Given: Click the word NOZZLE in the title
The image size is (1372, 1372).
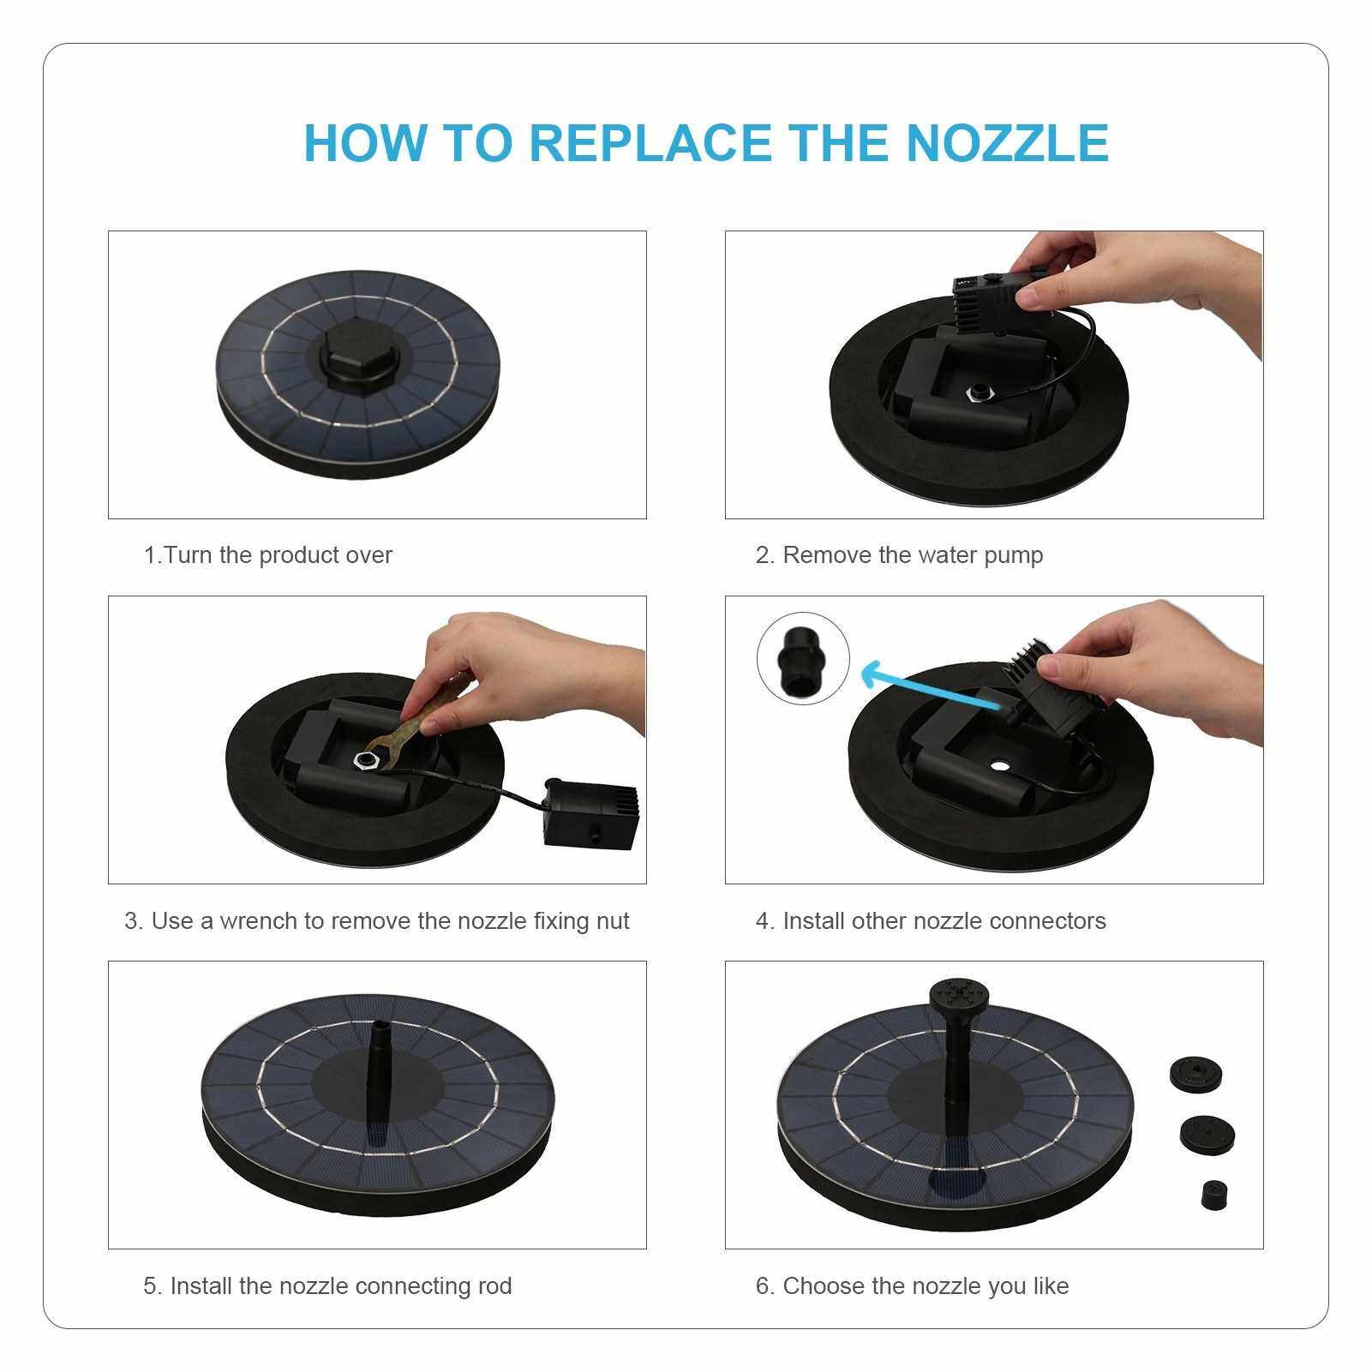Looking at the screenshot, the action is [x=1008, y=142].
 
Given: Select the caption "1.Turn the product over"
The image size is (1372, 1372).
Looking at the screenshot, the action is [x=267, y=555].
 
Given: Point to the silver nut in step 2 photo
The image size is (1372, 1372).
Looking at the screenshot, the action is [x=977, y=393].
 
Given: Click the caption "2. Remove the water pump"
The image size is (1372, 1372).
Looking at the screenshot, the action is [x=899, y=555].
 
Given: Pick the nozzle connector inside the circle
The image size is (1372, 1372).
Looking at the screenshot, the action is [x=803, y=659].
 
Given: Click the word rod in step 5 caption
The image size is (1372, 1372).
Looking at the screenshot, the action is [x=494, y=1286].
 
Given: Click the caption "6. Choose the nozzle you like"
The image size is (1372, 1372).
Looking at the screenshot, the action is [x=912, y=1286].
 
